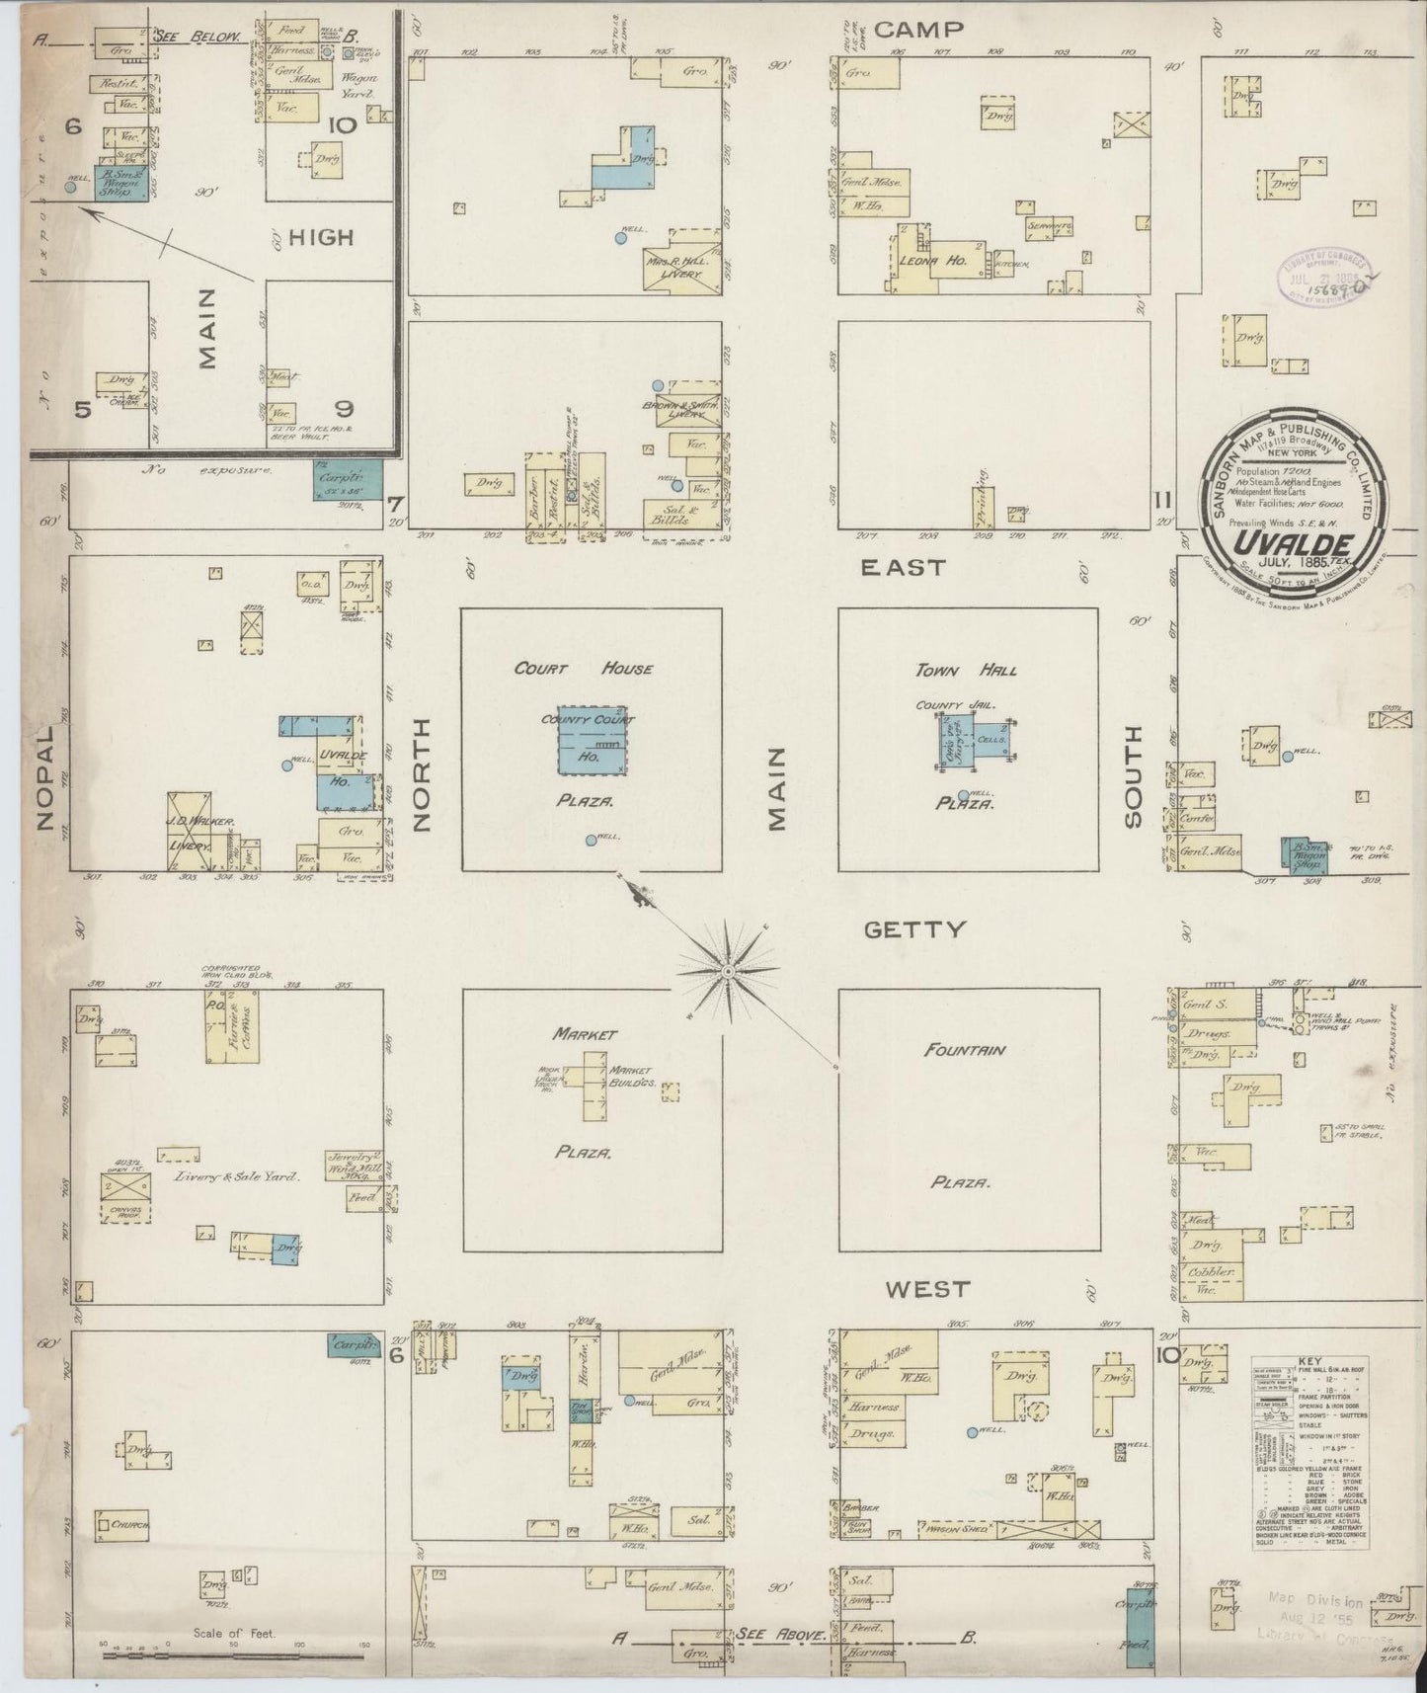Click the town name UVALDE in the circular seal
pos(1277,543)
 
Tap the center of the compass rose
pos(728,972)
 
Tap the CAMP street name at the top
pos(918,29)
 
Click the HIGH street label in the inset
pos(323,237)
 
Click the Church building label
pos(129,1552)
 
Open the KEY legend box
pos(1309,1456)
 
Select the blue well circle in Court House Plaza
pos(591,841)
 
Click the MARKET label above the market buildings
pos(585,1034)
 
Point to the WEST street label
pos(927,1289)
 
